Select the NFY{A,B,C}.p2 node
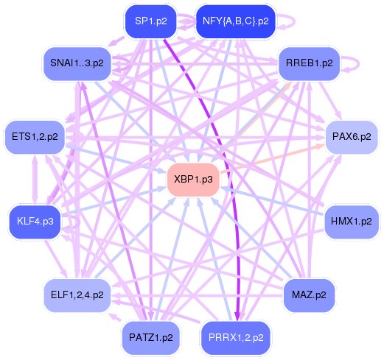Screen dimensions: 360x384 tap(235, 21)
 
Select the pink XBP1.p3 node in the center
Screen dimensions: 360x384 tap(194, 179)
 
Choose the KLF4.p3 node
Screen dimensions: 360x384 tap(35, 221)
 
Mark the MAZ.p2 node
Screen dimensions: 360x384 tap(310, 295)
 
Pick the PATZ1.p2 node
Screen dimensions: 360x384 tap(151, 337)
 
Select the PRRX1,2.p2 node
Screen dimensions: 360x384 tap(237, 339)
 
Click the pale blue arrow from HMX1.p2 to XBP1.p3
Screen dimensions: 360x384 tap(273, 201)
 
